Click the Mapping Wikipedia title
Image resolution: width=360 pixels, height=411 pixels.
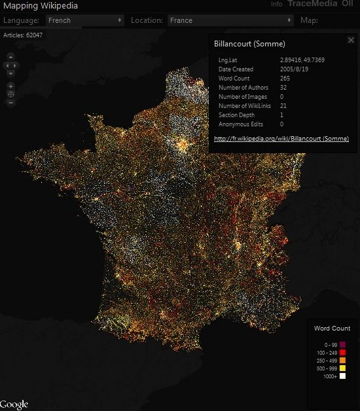(41, 7)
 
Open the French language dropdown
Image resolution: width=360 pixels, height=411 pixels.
(84, 20)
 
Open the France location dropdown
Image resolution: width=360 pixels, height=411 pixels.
(230, 20)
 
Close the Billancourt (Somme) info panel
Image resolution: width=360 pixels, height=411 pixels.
(351, 41)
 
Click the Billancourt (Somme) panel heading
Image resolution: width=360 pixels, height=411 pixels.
(249, 44)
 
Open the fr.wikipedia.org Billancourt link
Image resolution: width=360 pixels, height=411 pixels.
(281, 139)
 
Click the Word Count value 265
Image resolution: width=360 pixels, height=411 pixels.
(285, 79)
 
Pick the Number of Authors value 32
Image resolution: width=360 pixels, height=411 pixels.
(283, 88)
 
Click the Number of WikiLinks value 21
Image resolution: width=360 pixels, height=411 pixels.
(283, 105)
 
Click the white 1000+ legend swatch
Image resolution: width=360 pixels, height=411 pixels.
(342, 376)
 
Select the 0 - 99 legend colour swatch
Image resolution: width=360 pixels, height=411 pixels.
(342, 345)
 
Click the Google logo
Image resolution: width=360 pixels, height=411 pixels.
(14, 404)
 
